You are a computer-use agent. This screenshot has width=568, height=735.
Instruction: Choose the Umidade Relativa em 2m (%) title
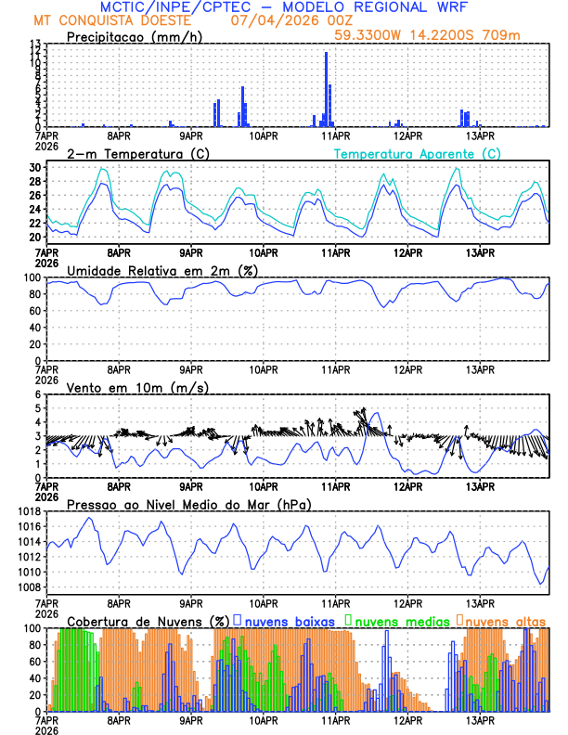pyautogui.click(x=161, y=270)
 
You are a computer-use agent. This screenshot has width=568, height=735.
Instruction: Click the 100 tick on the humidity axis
pyautogui.click(x=31, y=277)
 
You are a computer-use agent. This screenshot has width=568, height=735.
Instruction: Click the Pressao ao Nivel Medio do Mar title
pyautogui.click(x=189, y=504)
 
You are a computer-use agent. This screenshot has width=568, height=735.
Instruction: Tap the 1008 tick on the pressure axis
pyautogui.click(x=25, y=587)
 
